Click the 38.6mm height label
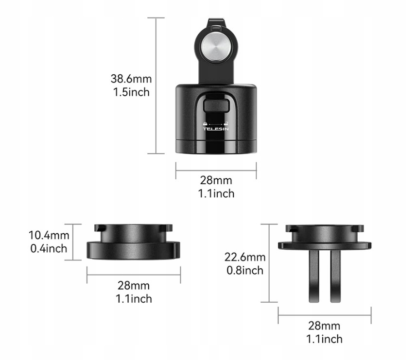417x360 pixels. [131, 79]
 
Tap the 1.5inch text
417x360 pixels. [131, 92]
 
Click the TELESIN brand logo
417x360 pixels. [216, 129]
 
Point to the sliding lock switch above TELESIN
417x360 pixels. [216, 106]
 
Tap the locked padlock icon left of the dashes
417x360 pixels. [205, 123]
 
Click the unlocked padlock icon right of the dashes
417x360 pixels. [226, 123]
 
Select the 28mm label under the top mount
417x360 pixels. [216, 180]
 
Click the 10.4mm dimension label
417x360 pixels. [49, 235]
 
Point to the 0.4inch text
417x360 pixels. [49, 249]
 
